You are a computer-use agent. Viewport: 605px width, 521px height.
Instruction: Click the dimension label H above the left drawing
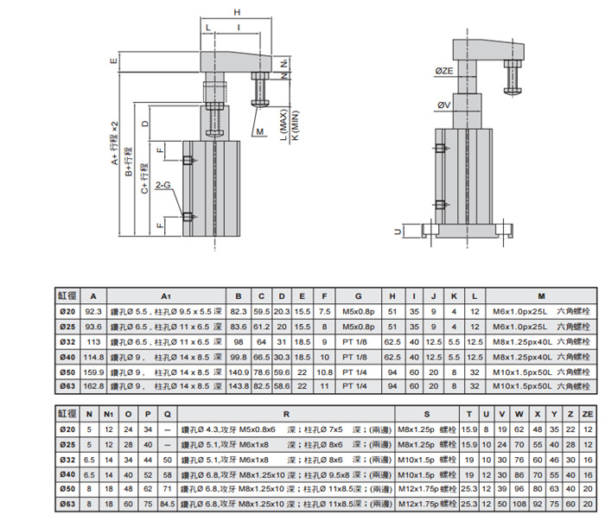(237, 12)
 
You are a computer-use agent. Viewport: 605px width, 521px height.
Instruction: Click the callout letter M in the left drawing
(259, 131)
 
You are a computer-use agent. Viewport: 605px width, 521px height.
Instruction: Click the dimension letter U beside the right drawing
(396, 231)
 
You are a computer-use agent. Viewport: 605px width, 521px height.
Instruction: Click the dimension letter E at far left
(113, 61)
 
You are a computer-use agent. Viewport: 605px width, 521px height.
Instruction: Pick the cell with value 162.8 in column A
(93, 384)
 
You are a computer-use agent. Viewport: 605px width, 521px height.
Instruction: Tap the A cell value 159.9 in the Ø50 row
(93, 370)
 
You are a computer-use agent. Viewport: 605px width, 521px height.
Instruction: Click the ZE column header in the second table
(587, 414)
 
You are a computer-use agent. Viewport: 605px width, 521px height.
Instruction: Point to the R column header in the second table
(286, 414)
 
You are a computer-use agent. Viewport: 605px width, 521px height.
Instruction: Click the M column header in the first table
(540, 295)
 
